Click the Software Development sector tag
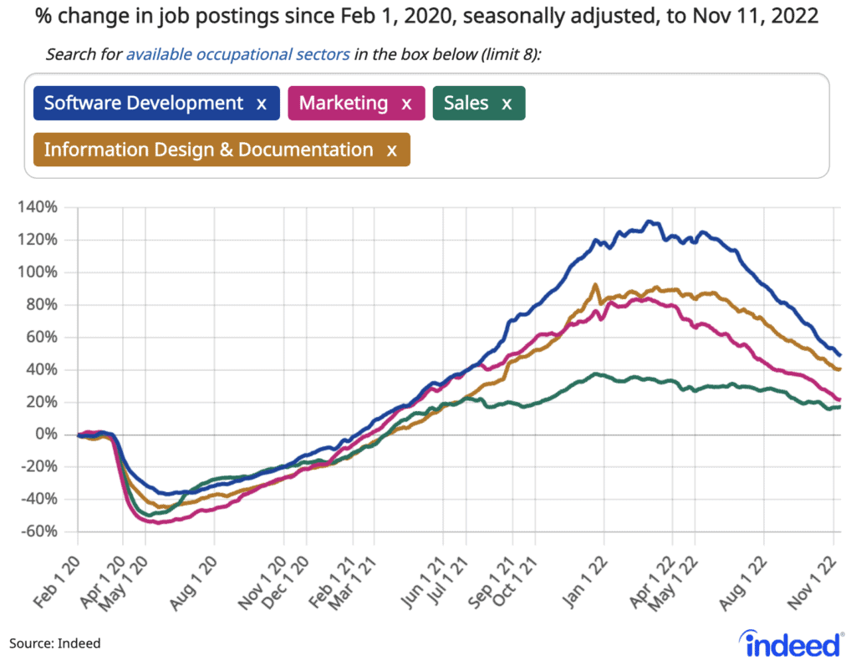tap(143, 104)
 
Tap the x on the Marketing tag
tap(407, 104)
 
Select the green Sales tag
tap(466, 104)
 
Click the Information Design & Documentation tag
tap(208, 150)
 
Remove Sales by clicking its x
tap(507, 104)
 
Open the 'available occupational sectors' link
tap(237, 55)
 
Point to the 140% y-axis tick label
tap(39, 207)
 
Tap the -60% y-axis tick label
tap(38, 532)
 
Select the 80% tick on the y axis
tap(43, 305)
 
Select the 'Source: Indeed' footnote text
tap(55, 643)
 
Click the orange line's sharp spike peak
tap(594, 285)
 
